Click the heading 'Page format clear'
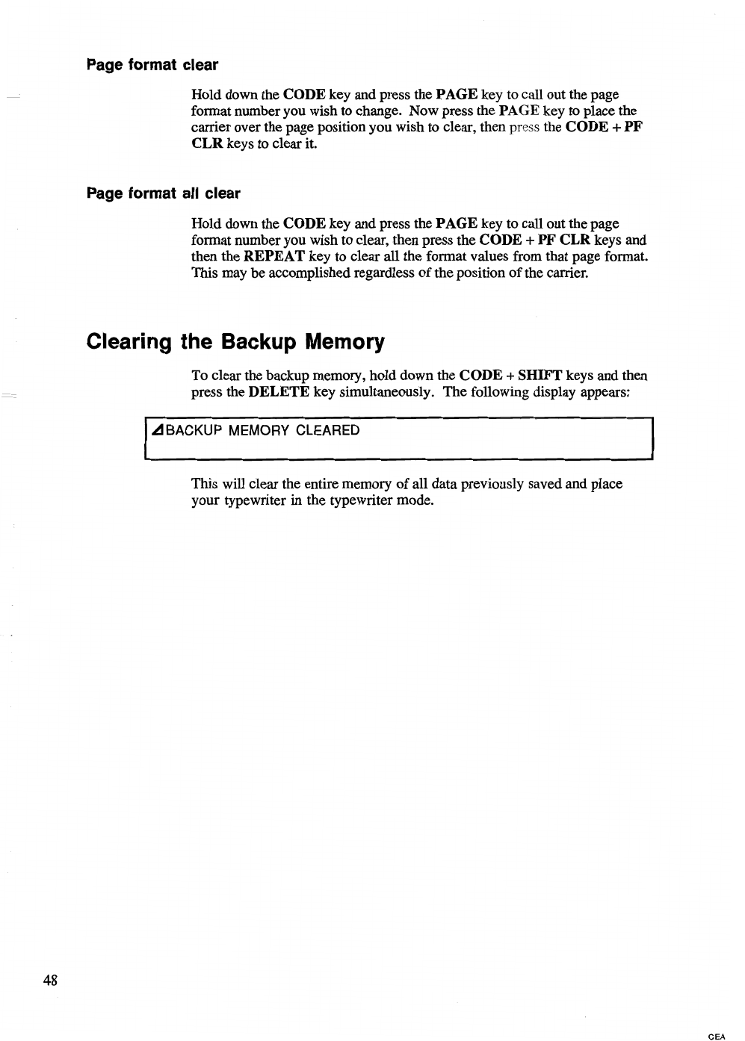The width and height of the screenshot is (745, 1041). tap(152, 65)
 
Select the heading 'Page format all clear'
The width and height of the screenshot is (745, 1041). tap(164, 194)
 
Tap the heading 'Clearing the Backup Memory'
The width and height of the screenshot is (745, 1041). tap(235, 342)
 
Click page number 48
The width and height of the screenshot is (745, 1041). tap(51, 980)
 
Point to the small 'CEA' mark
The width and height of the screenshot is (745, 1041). tap(716, 1036)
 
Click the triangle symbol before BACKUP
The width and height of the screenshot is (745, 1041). tap(157, 431)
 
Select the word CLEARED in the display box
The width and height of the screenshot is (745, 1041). tap(328, 431)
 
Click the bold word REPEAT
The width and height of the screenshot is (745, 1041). tap(274, 257)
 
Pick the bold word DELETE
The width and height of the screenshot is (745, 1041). tap(279, 392)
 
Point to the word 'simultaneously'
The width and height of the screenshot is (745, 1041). tap(388, 392)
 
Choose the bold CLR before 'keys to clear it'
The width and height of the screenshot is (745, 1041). tap(207, 143)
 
